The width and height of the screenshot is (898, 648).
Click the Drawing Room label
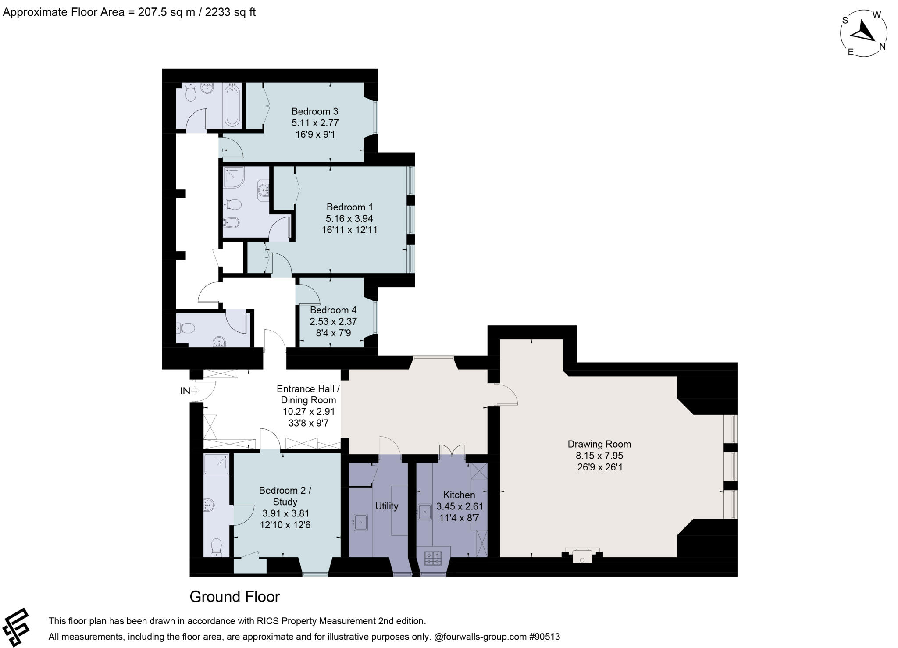tap(599, 444)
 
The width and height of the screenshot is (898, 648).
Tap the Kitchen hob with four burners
tap(433, 558)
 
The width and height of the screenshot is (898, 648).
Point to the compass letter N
tap(882, 46)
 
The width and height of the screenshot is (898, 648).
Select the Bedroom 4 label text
tap(333, 310)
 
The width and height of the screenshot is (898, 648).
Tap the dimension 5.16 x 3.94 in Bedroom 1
tap(349, 218)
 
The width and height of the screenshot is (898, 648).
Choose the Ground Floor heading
tap(235, 597)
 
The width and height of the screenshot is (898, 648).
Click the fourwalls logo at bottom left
tap(15, 627)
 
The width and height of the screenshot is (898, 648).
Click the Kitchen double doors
tap(452, 450)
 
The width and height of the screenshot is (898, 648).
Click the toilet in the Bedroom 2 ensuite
tap(216, 547)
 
